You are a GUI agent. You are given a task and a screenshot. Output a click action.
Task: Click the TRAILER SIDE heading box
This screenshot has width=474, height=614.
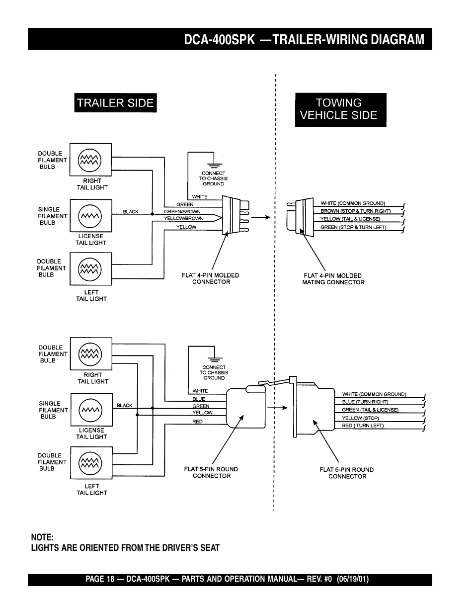point(115,103)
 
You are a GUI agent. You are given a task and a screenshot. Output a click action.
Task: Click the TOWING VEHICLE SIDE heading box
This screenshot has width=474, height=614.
point(340,109)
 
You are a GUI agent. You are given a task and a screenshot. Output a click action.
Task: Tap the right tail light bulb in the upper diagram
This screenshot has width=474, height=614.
point(90,160)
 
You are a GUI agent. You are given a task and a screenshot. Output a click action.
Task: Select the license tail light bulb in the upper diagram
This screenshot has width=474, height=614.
point(90,216)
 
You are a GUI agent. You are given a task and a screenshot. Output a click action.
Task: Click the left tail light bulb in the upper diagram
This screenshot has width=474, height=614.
point(90,268)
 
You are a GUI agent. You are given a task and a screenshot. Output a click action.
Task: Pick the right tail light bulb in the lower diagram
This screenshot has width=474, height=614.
point(91,354)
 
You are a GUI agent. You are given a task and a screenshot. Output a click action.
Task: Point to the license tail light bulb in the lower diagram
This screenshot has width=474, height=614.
point(91,410)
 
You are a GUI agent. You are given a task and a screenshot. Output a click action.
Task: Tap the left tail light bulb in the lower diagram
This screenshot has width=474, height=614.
point(91,463)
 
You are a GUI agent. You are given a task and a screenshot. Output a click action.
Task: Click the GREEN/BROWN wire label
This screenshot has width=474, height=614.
point(182,211)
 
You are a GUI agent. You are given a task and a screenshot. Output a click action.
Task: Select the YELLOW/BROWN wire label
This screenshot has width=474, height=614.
point(183,218)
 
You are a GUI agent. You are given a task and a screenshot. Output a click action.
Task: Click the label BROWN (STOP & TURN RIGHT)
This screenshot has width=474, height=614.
point(355,211)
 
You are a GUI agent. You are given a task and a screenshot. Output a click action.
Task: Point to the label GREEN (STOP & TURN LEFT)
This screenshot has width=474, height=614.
point(353,227)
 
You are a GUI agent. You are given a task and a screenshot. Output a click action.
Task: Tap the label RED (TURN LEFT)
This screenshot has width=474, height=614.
point(363,426)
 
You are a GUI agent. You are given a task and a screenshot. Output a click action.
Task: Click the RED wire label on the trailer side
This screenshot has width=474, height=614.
point(197,422)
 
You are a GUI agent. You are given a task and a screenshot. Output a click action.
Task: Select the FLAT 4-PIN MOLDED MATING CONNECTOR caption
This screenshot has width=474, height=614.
point(333,279)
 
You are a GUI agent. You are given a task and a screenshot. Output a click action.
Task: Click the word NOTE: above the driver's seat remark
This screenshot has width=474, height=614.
point(42,537)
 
